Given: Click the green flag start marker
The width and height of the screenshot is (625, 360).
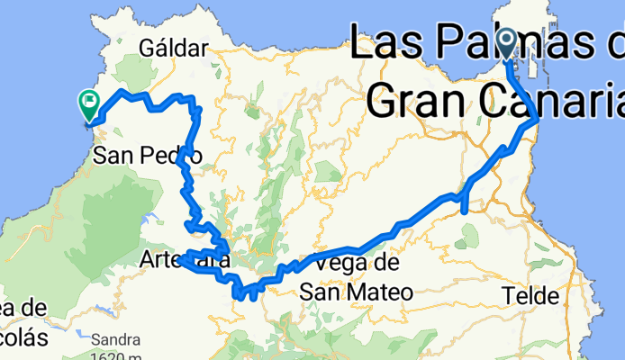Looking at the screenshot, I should (x=90, y=104).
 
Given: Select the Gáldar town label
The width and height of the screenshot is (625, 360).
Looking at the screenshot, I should (x=170, y=47).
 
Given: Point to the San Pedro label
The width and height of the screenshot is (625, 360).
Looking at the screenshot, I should (x=148, y=156).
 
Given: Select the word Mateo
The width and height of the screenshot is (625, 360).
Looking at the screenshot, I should (x=380, y=292).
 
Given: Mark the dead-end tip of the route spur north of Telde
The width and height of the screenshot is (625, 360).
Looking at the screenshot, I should (x=463, y=212).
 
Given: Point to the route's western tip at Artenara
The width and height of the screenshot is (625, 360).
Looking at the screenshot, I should (x=182, y=259).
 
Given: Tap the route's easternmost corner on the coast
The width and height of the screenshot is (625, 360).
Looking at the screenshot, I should (x=538, y=119).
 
